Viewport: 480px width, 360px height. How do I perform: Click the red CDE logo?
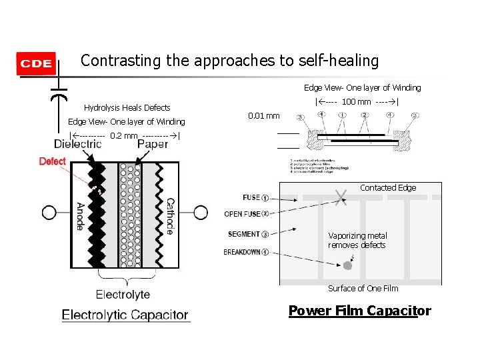click(36, 64)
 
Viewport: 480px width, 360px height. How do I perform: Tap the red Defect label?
click(53, 161)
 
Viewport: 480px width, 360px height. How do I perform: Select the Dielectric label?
click(78, 144)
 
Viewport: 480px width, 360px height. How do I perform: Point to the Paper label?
click(153, 144)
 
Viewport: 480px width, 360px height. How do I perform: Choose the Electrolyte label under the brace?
click(123, 294)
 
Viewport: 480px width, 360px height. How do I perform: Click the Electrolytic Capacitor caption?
click(125, 315)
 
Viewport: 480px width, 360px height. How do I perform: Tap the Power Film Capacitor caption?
click(359, 311)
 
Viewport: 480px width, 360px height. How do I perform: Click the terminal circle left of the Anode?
click(49, 213)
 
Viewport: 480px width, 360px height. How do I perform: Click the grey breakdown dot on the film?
click(347, 265)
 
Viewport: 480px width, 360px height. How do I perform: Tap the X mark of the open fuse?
click(342, 195)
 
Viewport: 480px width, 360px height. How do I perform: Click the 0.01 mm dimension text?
click(263, 116)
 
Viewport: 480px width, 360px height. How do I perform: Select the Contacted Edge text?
click(388, 188)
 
